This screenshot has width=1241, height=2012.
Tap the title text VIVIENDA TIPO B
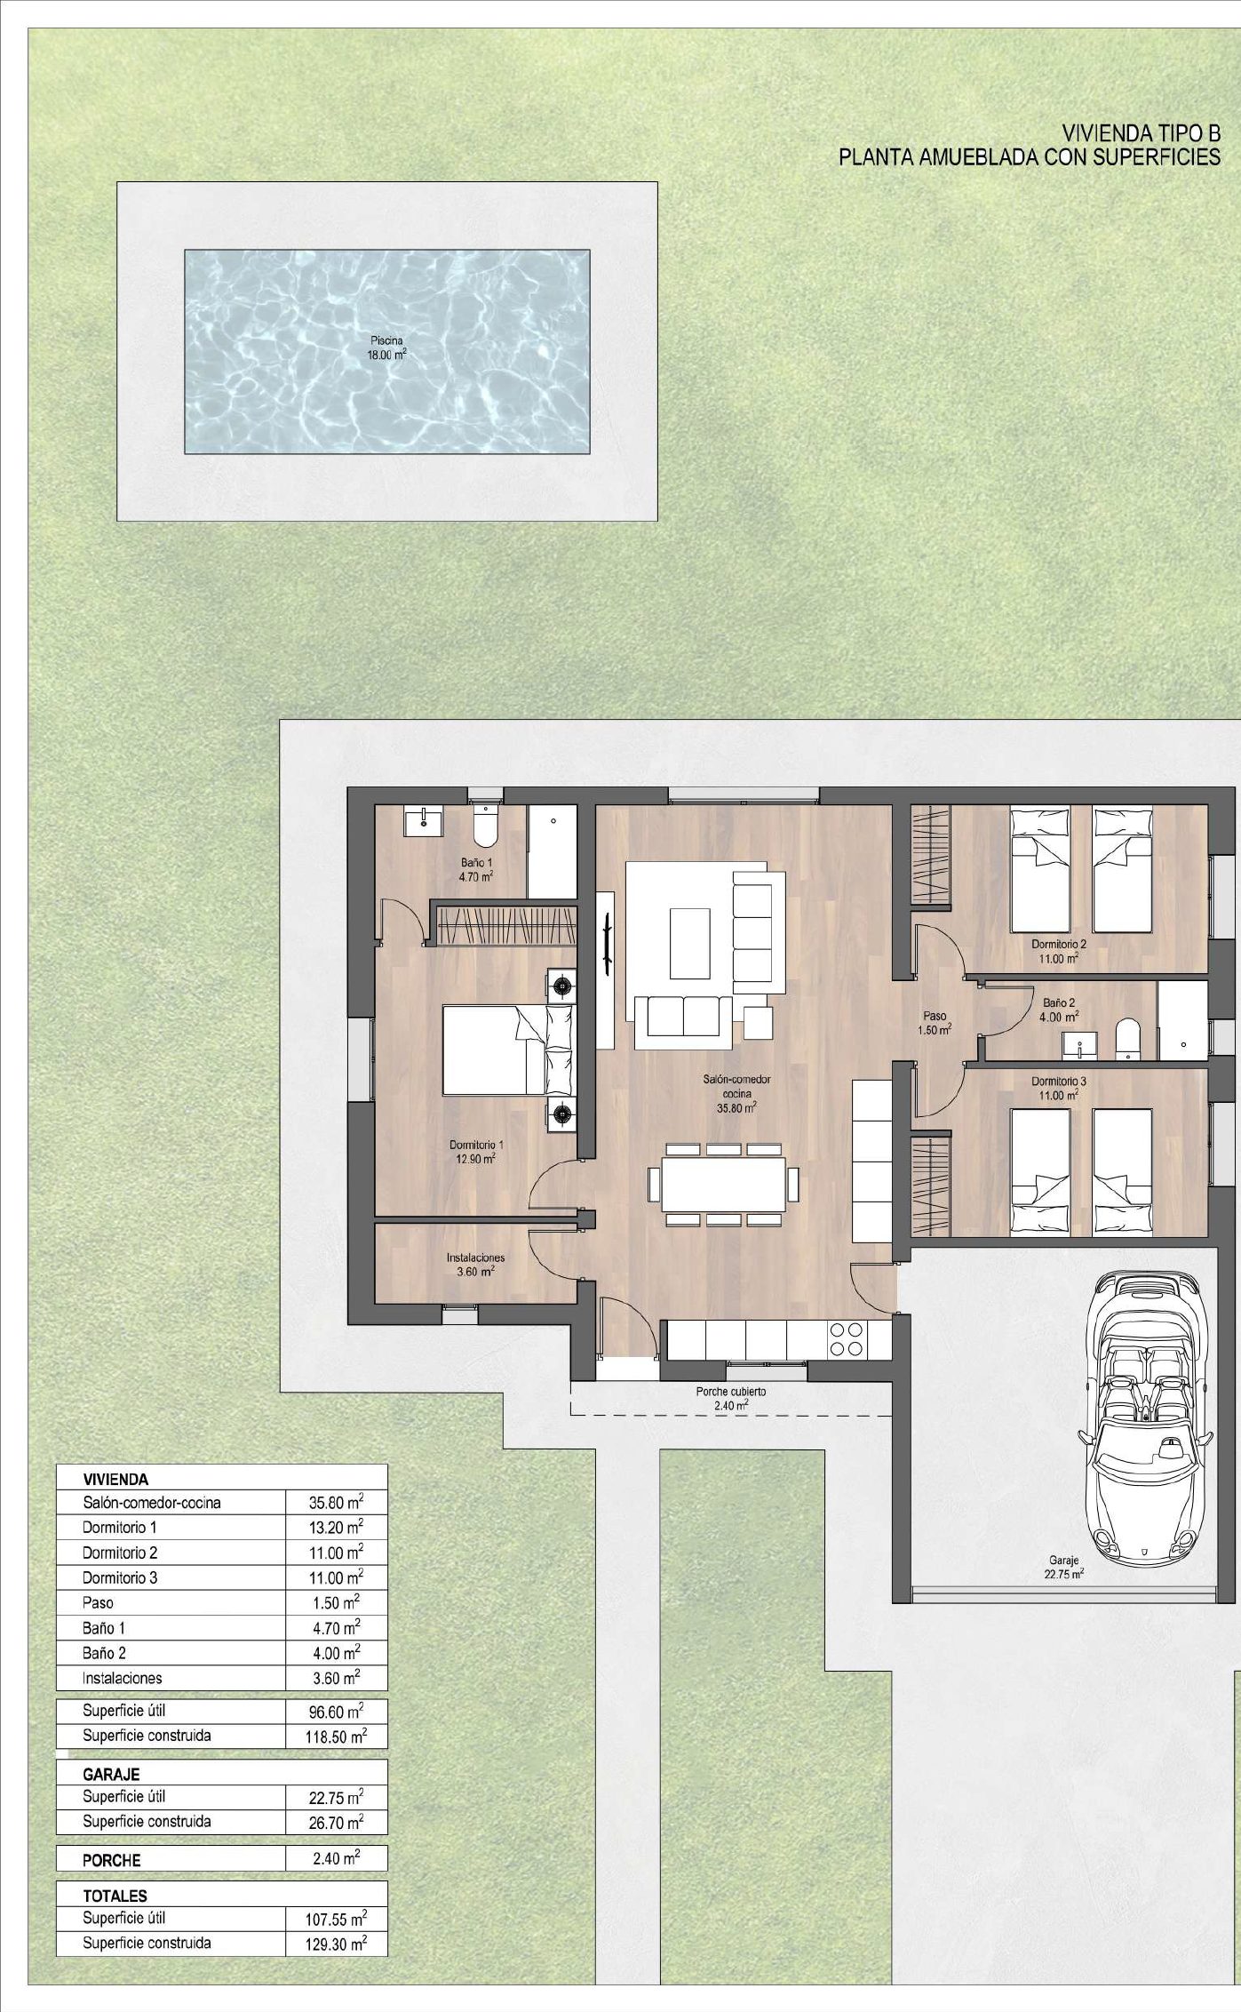(1142, 134)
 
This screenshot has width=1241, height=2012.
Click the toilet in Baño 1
(486, 826)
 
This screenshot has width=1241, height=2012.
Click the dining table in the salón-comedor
(723, 1183)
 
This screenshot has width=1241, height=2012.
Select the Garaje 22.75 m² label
(1064, 1566)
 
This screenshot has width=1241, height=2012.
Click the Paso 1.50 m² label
(935, 1023)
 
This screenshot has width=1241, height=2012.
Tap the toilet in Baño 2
(1127, 1039)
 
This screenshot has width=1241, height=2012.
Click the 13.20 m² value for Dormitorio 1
(336, 1527)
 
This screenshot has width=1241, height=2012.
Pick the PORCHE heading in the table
(111, 1860)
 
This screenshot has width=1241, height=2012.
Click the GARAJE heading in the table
(111, 1774)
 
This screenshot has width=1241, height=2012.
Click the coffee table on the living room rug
(689, 943)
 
